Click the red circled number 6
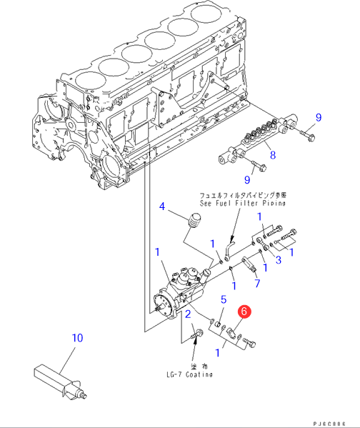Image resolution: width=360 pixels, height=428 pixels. [244, 312]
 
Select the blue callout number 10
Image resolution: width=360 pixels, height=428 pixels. [77, 338]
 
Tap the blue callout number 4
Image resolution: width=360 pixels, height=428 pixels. [162, 206]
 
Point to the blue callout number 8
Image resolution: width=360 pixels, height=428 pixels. [273, 155]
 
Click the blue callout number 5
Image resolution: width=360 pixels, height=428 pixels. [224, 299]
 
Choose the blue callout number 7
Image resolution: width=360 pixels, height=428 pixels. [257, 284]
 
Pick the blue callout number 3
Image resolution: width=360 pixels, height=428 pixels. [278, 260]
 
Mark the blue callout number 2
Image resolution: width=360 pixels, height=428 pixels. [188, 314]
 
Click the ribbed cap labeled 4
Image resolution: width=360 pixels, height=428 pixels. [194, 219]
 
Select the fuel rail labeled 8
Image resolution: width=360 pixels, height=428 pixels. [258, 140]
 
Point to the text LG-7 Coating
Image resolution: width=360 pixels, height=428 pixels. [190, 374]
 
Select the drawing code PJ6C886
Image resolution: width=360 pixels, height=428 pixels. [329, 424]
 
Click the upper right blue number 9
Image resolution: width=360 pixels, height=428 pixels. [319, 118]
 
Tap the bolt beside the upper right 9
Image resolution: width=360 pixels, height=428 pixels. [308, 136]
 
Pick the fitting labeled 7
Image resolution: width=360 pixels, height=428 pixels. [249, 264]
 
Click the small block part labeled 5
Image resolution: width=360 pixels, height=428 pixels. [217, 324]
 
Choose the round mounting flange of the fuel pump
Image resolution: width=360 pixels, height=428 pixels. [164, 305]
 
